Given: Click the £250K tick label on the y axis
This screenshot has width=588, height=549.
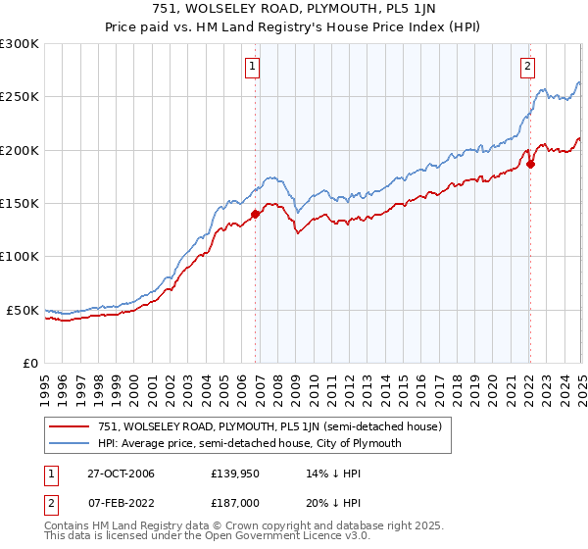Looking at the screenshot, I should click(21, 97).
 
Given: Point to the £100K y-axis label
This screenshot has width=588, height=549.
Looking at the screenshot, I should click(21, 256).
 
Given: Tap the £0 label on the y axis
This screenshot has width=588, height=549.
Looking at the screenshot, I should click(29, 363).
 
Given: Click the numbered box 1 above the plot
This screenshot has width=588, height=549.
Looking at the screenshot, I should click(252, 67).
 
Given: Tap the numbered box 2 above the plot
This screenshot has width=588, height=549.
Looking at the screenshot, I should click(527, 67).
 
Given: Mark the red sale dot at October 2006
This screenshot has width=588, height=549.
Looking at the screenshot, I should click(256, 214).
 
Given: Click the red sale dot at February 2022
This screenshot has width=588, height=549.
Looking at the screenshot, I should click(530, 164).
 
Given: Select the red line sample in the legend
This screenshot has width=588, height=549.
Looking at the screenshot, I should click(70, 426).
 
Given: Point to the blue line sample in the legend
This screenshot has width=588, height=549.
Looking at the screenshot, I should click(70, 443).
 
